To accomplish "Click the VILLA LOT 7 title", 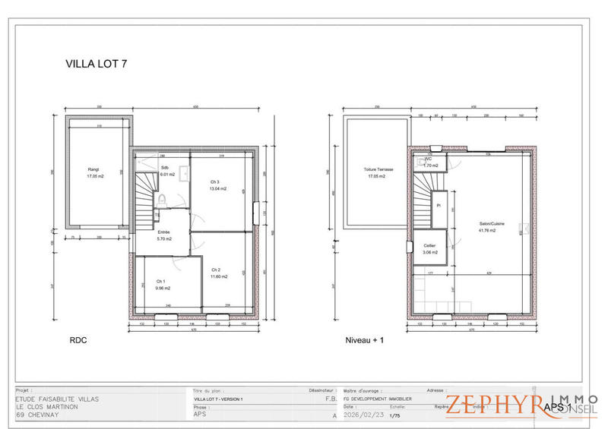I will (97, 65).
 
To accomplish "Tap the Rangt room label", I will (93, 169).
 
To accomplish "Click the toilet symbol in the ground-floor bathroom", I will (163, 199).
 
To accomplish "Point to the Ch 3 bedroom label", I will (215, 182).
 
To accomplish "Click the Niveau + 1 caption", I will (365, 341).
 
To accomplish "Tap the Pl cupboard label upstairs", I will (439, 205).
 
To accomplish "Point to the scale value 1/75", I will (394, 415).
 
